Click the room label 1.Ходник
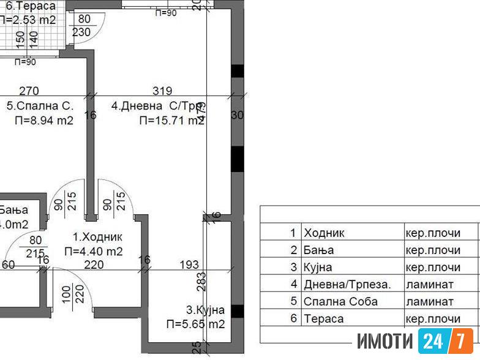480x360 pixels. pyautogui.click(x=98, y=237)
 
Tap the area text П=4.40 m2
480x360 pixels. pyautogui.click(x=94, y=251)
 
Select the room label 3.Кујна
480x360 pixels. pyautogui.click(x=205, y=310)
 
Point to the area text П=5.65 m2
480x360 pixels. pyautogui.click(x=195, y=324)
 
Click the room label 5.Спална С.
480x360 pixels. pyautogui.click(x=40, y=106)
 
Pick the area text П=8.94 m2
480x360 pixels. pyautogui.click(x=44, y=121)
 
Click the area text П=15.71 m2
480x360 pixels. pyautogui.click(x=171, y=121)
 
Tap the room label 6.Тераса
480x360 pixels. pyautogui.click(x=31, y=7)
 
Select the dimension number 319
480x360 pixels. pyautogui.click(x=162, y=92)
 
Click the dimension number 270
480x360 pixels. pyautogui.click(x=29, y=92)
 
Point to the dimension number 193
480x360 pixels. pyautogui.click(x=189, y=264)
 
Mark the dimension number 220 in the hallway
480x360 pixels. pyautogui.click(x=93, y=264)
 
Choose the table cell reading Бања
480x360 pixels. pyautogui.click(x=318, y=250)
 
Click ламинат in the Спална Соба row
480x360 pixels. pyautogui.click(x=429, y=302)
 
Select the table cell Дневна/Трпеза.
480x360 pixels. pyautogui.click(x=347, y=285)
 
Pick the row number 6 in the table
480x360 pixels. pyautogui.click(x=293, y=319)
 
